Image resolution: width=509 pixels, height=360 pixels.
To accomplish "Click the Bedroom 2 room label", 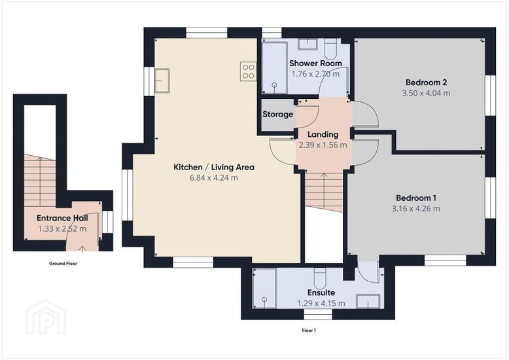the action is pos(426,82).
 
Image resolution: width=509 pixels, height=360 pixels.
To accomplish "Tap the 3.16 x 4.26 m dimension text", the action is pos(416,209).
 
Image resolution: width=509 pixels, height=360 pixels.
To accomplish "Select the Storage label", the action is pos(277,115).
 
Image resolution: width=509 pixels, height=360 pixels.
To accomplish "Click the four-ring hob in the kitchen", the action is pos(248,71).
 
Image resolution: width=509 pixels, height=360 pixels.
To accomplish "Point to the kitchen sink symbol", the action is pos(162,81).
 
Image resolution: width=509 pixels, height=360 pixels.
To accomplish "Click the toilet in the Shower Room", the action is pos(330,49).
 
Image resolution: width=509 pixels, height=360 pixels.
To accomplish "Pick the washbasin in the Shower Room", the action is pos(307,45).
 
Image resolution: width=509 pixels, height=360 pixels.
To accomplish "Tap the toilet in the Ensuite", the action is pos(320,278).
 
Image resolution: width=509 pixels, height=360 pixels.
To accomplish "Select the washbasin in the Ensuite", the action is pos(368,301).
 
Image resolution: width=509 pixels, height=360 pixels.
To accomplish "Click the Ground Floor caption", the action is pos(63,264).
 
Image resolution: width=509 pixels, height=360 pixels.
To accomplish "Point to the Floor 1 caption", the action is pos(309,331).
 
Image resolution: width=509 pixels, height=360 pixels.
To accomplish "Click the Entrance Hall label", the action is pos(62,218).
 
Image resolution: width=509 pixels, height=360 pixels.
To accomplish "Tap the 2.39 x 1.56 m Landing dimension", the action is pos(323,145).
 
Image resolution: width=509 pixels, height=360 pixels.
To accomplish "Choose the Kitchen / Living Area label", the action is pos(214,168).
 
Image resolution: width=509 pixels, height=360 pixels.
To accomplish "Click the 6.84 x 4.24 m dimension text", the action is pos(213,178).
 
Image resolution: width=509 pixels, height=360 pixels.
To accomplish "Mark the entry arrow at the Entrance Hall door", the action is pos(82,249).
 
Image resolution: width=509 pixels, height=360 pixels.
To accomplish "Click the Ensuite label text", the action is pos(321,293).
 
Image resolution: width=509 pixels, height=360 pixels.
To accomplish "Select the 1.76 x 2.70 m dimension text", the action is pos(315,74).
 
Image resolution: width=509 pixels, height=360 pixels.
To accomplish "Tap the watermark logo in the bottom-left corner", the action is pos(46,317).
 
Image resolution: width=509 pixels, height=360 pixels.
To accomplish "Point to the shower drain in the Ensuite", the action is pos(264,299).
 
